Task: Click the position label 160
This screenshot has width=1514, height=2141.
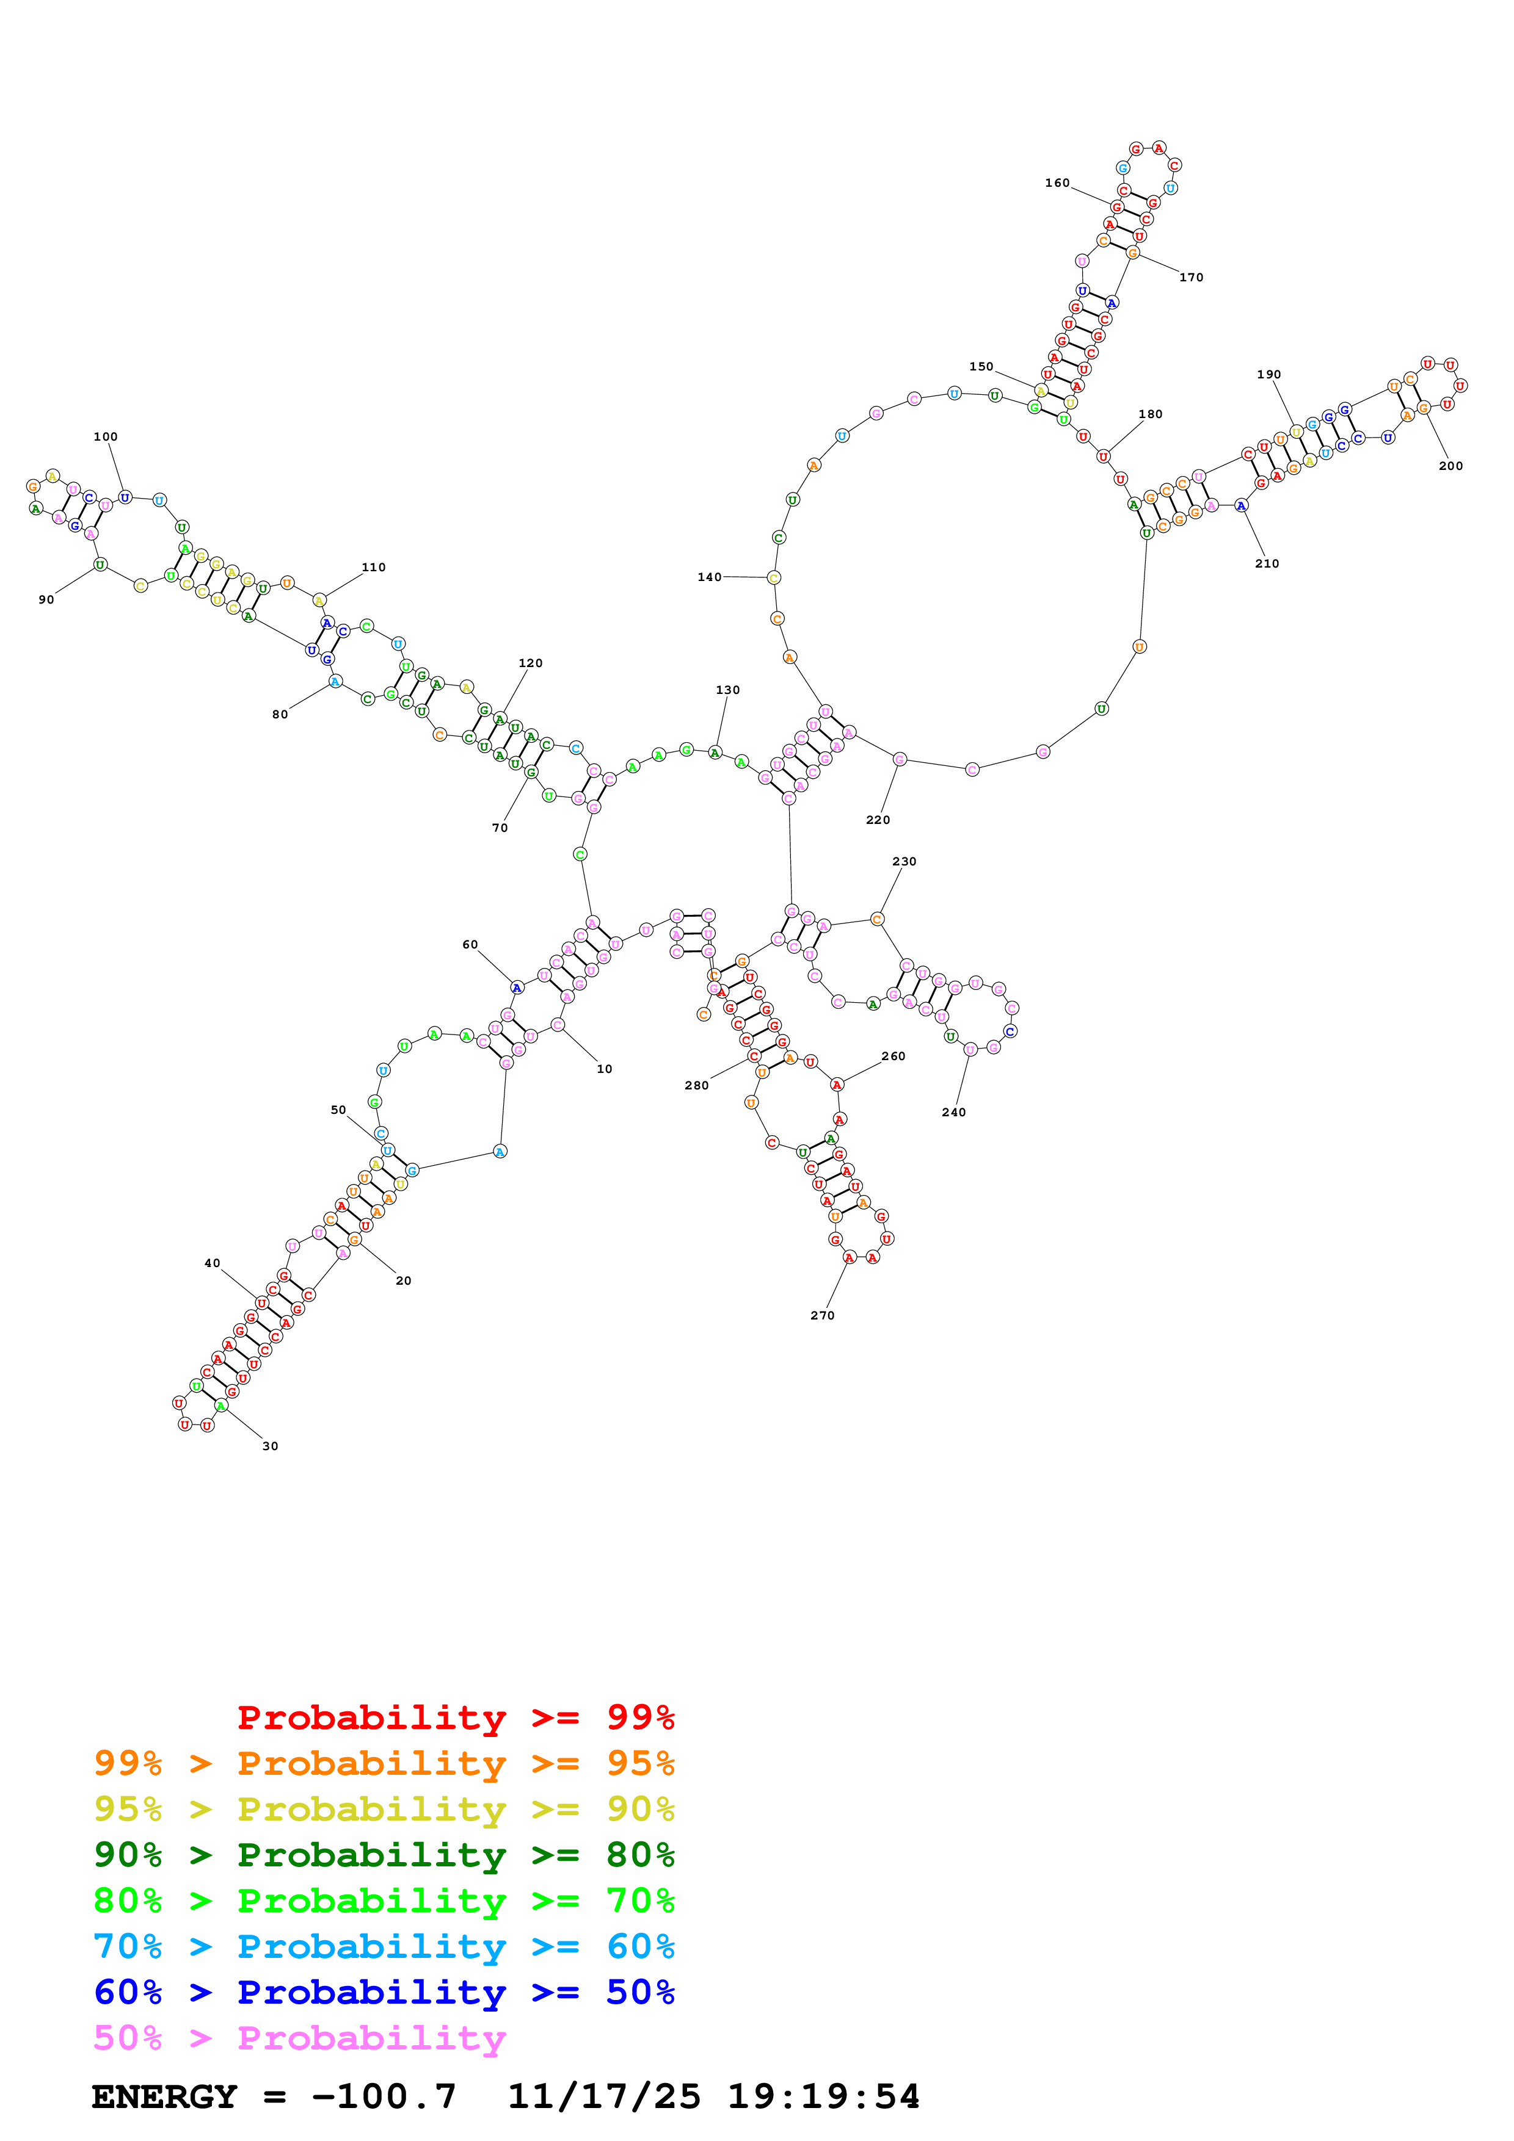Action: [x=1057, y=182]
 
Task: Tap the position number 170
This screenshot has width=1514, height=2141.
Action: [x=1192, y=277]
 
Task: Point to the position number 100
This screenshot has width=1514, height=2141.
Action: [x=106, y=436]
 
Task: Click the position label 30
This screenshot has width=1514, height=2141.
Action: [x=269, y=1446]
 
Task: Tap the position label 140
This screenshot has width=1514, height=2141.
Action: [x=709, y=577]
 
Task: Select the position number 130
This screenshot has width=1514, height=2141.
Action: [x=727, y=690]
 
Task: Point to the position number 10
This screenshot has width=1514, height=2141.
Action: [x=605, y=1069]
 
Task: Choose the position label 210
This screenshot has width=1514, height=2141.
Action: [x=1267, y=563]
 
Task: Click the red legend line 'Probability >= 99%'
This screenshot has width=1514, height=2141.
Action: [x=455, y=1717]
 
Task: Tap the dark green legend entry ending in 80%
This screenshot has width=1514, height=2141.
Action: [x=384, y=1855]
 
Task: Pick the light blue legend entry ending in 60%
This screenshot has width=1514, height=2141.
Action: [x=384, y=1946]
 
